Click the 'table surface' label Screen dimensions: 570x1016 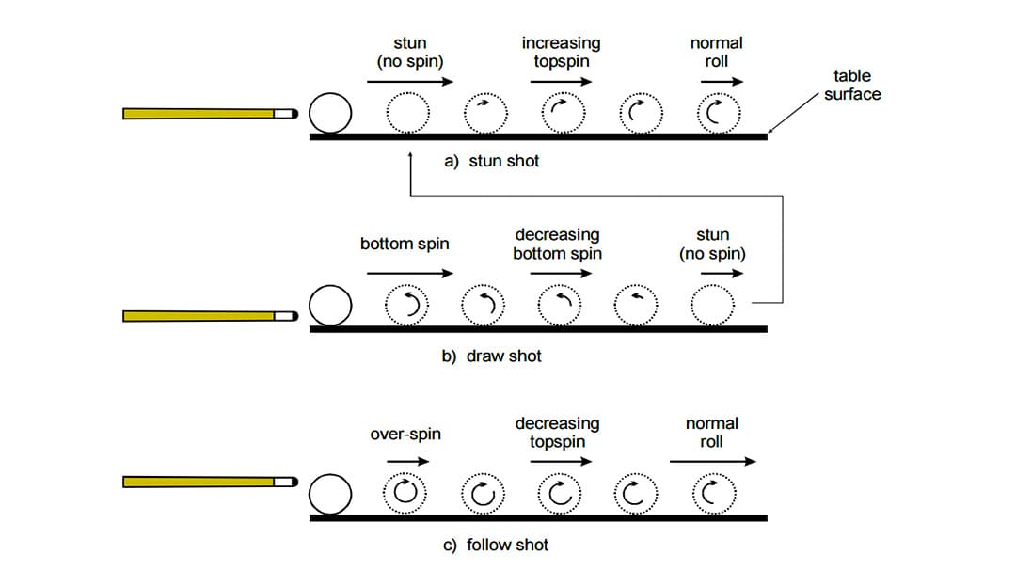pos(852,85)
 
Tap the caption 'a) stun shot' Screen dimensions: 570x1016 pos(492,161)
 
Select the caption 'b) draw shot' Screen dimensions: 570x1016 pos(492,356)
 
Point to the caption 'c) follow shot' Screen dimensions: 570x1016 pos(495,545)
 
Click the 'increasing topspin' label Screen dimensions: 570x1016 pos(561,52)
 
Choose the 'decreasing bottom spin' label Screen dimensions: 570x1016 pos(557,244)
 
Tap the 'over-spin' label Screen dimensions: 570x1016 pos(405,435)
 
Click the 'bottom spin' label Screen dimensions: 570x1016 pos(405,244)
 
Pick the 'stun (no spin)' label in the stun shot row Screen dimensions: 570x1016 pos(409,52)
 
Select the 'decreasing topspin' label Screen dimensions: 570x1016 pos(557,433)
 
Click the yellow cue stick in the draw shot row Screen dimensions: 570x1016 pos(202,316)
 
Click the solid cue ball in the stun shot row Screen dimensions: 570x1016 pos(329,115)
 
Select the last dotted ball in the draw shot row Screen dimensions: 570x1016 pos(712,305)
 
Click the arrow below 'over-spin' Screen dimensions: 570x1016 pos(407,461)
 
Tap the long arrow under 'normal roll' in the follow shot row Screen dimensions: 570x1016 pos(712,461)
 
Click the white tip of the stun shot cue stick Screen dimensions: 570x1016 pos(284,114)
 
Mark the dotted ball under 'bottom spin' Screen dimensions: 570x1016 pos(408,305)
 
